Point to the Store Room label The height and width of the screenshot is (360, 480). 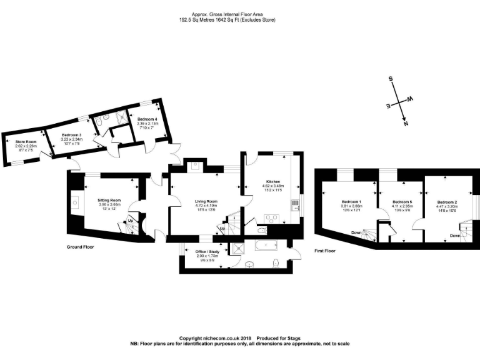(x=26, y=142)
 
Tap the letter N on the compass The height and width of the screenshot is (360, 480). (x=406, y=124)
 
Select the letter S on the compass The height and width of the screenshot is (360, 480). (x=391, y=79)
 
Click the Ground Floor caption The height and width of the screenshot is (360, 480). (x=80, y=247)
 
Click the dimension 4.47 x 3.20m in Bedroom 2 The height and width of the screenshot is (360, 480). (x=447, y=206)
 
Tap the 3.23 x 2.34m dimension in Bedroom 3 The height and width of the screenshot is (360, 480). (x=72, y=139)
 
